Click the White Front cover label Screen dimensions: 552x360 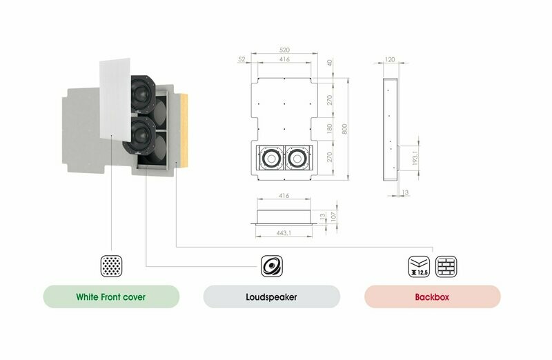(x=111, y=297)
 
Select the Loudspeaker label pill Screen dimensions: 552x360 (x=271, y=297)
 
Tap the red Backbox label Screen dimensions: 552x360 (x=433, y=297)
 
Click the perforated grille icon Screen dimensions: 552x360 (x=111, y=266)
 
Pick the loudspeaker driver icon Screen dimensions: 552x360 (x=271, y=266)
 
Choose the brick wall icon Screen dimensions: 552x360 (x=446, y=266)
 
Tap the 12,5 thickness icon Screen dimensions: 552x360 (x=419, y=266)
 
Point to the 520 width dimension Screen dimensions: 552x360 (x=284, y=50)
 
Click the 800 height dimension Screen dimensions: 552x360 (x=344, y=129)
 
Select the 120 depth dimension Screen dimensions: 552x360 (x=390, y=59)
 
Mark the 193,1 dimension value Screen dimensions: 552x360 (x=415, y=159)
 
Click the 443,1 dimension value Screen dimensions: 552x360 (x=284, y=233)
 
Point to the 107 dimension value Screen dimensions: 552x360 (x=334, y=216)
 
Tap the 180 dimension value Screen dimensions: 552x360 (x=330, y=128)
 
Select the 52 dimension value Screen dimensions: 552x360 (x=241, y=59)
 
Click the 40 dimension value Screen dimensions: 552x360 (x=330, y=63)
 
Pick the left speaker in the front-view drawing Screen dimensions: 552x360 (x=270, y=159)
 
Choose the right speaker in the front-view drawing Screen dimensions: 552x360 (x=298, y=159)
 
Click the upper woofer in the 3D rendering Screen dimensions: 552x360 (x=143, y=94)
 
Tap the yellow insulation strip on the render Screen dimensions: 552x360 (x=183, y=130)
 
